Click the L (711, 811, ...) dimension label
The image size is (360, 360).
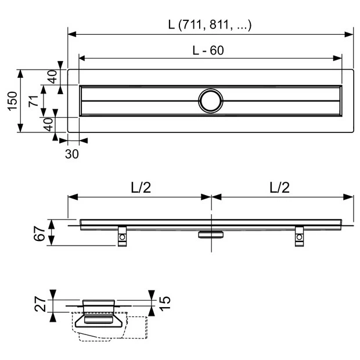pyautogui.click(x=210, y=24)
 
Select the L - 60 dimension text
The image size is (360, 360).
pyautogui.click(x=208, y=51)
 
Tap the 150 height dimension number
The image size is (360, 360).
pyautogui.click(x=12, y=101)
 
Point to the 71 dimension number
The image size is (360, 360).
pyautogui.click(x=34, y=101)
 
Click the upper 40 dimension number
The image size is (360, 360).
pyautogui.click(x=53, y=77)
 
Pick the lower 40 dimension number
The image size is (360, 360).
pyautogui.click(x=49, y=125)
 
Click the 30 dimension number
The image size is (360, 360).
pyautogui.click(x=72, y=154)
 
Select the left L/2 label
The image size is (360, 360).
pyautogui.click(x=141, y=188)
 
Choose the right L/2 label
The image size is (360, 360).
pyautogui.click(x=279, y=188)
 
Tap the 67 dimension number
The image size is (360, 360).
pyautogui.click(x=39, y=233)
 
